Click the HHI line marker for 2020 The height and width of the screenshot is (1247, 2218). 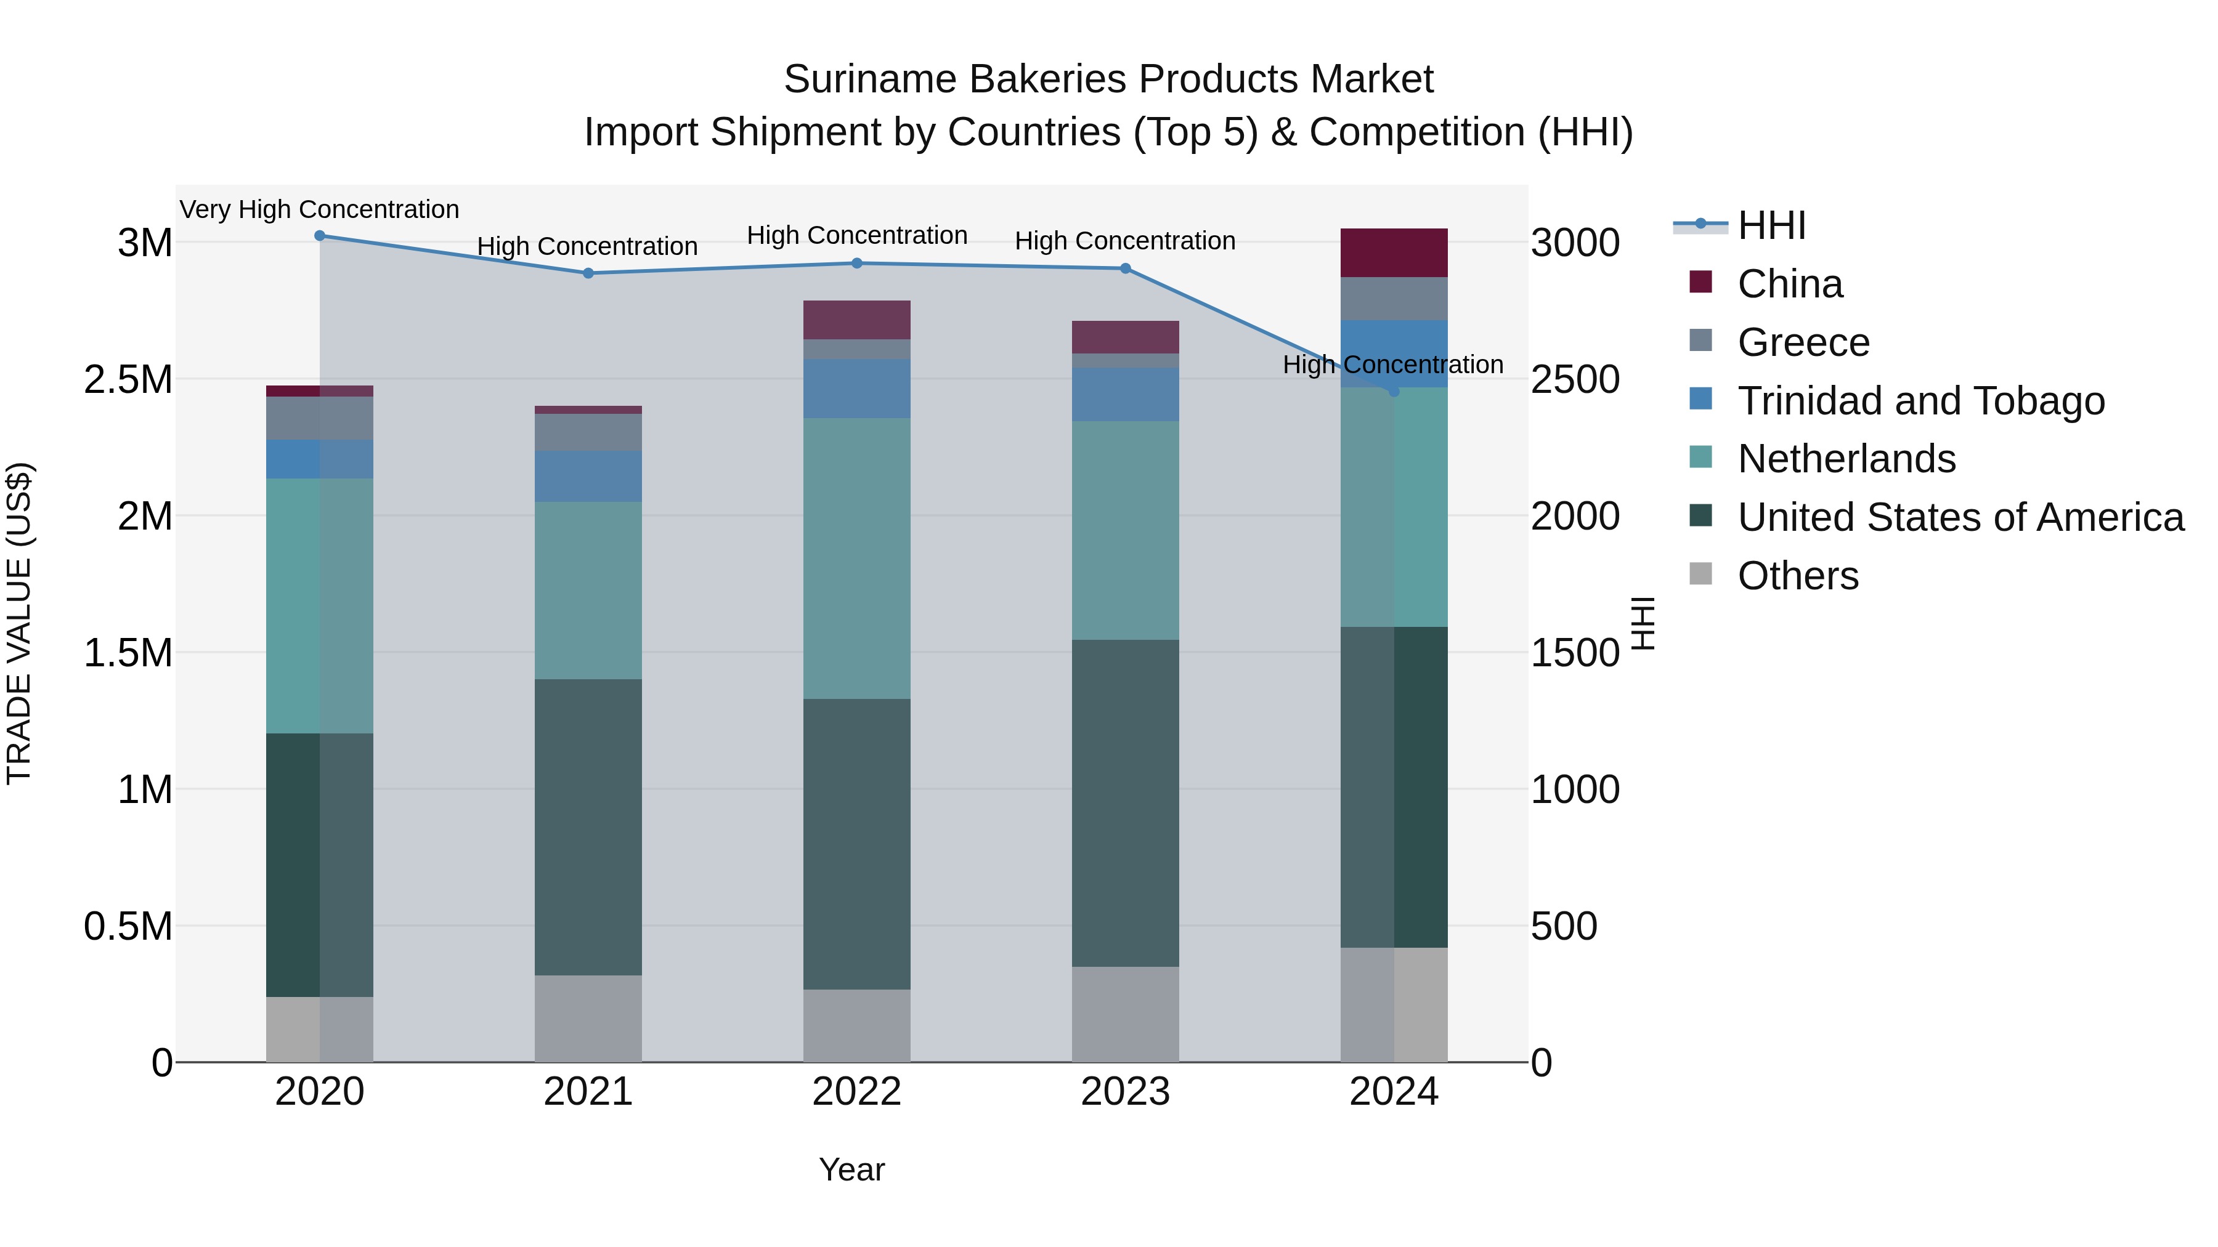(319, 236)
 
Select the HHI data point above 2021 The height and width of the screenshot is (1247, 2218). (588, 273)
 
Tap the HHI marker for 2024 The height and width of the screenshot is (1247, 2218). (1394, 392)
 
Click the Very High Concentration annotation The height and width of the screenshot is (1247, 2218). (319, 209)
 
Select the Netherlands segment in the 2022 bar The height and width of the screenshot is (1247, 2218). (857, 559)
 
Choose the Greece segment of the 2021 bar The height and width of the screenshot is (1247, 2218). (588, 432)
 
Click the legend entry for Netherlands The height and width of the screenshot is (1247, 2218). (1846, 459)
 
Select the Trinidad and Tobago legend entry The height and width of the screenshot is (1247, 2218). (1920, 401)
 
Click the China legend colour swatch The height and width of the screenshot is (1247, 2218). (1700, 282)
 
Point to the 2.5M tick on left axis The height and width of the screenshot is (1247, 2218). (128, 379)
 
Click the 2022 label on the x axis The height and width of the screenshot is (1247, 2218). (857, 1092)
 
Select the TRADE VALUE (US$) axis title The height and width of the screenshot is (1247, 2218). (19, 623)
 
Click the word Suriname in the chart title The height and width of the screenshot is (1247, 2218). (871, 79)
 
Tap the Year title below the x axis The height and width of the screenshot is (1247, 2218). (851, 1169)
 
